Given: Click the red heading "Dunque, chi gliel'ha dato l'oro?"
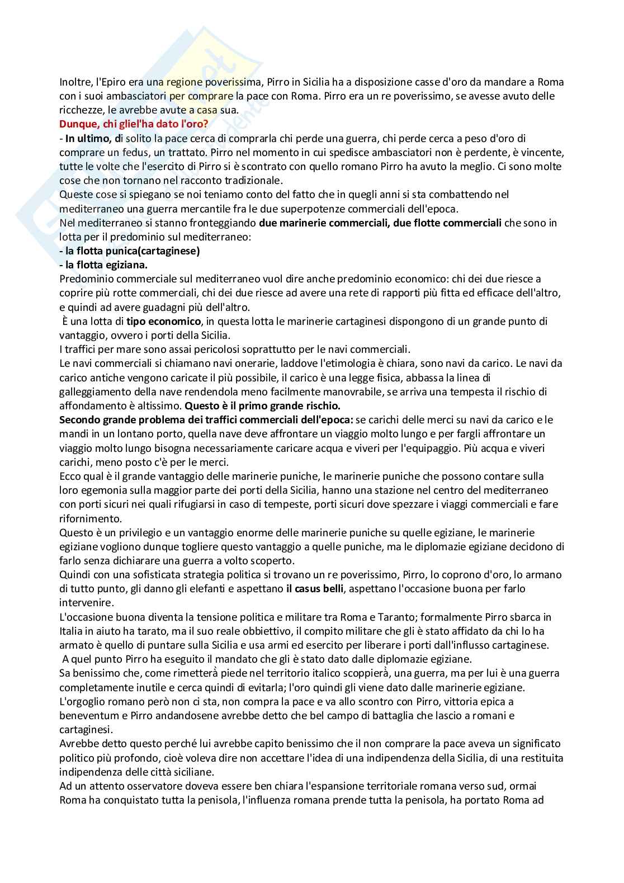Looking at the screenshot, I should (133, 124).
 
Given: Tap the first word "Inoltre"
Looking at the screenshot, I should (75, 82).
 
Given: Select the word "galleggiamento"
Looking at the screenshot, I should (93, 391).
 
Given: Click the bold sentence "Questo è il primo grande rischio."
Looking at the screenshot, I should (262, 405).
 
